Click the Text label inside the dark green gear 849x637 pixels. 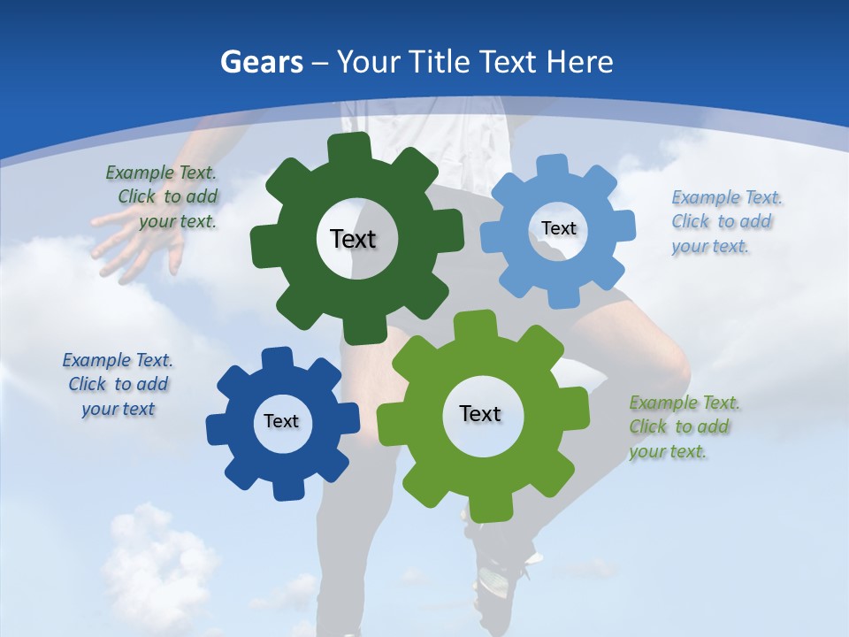click(354, 239)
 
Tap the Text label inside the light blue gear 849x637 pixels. click(559, 228)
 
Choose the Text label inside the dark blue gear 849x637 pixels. click(281, 421)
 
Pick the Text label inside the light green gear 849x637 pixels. click(480, 413)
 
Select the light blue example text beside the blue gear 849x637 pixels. click(722, 221)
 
